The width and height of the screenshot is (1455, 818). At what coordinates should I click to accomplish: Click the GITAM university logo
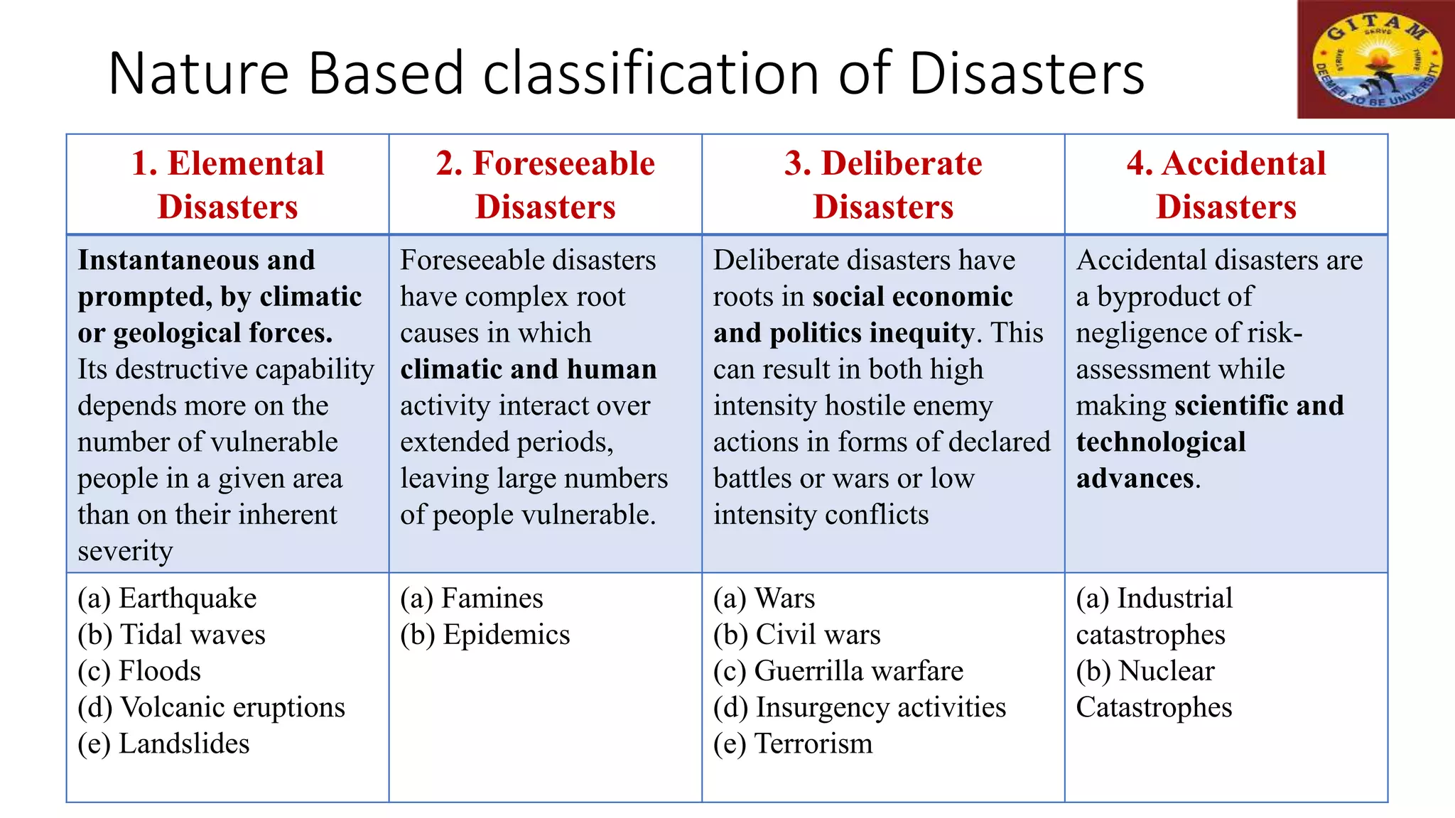point(1375,60)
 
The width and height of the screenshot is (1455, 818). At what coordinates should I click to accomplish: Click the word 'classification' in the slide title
point(651,73)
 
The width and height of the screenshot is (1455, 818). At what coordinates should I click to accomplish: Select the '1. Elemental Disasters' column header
point(227,185)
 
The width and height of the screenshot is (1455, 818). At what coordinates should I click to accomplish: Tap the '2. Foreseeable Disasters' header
point(545,185)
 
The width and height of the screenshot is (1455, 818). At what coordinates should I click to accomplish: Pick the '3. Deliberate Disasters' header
point(883,185)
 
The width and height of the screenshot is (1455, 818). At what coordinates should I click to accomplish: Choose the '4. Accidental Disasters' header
point(1226,185)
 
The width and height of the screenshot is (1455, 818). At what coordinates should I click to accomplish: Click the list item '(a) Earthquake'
point(167,598)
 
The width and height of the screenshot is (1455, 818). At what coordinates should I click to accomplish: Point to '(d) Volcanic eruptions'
point(211,707)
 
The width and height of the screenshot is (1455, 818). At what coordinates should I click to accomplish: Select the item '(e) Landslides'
point(163,743)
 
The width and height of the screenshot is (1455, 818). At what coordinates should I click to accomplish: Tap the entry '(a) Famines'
point(471,598)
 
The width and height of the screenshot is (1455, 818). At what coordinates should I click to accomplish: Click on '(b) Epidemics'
point(485,635)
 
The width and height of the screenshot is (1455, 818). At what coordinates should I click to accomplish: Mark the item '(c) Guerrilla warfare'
point(838,671)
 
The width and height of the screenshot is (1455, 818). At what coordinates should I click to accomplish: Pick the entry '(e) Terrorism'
point(793,743)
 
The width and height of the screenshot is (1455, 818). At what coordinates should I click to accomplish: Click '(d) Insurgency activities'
point(860,707)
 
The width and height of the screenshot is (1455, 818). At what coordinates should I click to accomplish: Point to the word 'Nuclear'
point(1167,671)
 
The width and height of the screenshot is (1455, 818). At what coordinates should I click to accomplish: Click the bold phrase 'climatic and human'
point(528,369)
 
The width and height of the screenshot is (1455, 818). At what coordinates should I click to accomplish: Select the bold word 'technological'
point(1161,442)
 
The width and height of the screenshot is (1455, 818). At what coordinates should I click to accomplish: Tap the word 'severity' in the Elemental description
point(125,551)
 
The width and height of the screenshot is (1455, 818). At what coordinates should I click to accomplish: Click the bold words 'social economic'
point(912,297)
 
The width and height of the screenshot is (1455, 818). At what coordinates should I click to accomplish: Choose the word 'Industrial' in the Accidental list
point(1174,598)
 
